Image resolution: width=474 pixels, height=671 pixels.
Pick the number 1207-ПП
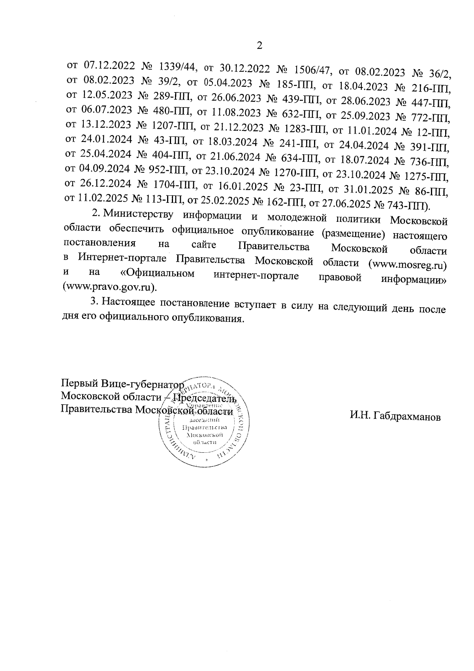click(173, 126)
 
